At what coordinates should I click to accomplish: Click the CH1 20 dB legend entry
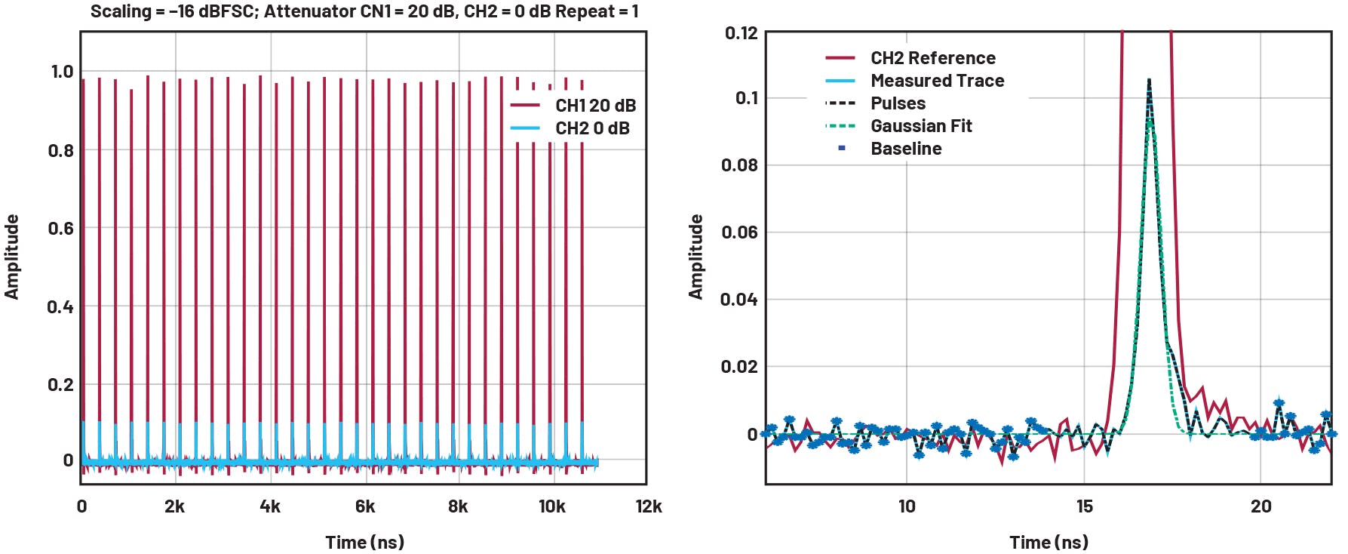[594, 106]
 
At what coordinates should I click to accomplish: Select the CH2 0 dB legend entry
[591, 128]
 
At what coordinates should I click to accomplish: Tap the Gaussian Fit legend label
[920, 126]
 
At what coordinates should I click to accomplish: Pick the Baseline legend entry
[905, 149]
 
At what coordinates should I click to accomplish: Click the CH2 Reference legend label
[932, 58]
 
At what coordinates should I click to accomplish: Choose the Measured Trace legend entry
[937, 81]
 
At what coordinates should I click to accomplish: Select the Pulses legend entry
[898, 103]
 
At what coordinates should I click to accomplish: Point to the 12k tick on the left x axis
[648, 506]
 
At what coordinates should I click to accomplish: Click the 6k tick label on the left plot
[365, 506]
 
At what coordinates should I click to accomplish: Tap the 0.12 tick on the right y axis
[740, 33]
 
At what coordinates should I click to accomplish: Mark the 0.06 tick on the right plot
[738, 232]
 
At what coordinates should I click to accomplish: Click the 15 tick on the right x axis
[1084, 506]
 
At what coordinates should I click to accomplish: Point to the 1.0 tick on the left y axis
[62, 72]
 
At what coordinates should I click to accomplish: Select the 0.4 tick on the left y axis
[60, 306]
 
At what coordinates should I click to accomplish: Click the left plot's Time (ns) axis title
[364, 542]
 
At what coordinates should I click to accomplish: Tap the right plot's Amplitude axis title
[695, 257]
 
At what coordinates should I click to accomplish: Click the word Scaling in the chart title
[121, 11]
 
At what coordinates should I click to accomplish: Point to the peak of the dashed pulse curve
[1148, 79]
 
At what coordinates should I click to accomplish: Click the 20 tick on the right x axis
[1260, 506]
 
